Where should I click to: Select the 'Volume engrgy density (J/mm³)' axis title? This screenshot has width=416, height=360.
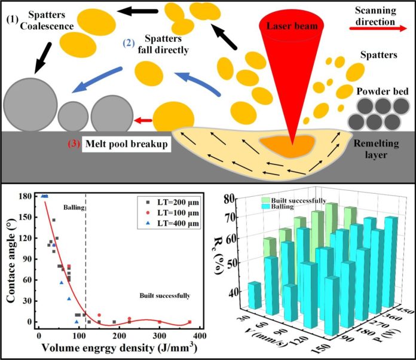pyautogui.click(x=120, y=347)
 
